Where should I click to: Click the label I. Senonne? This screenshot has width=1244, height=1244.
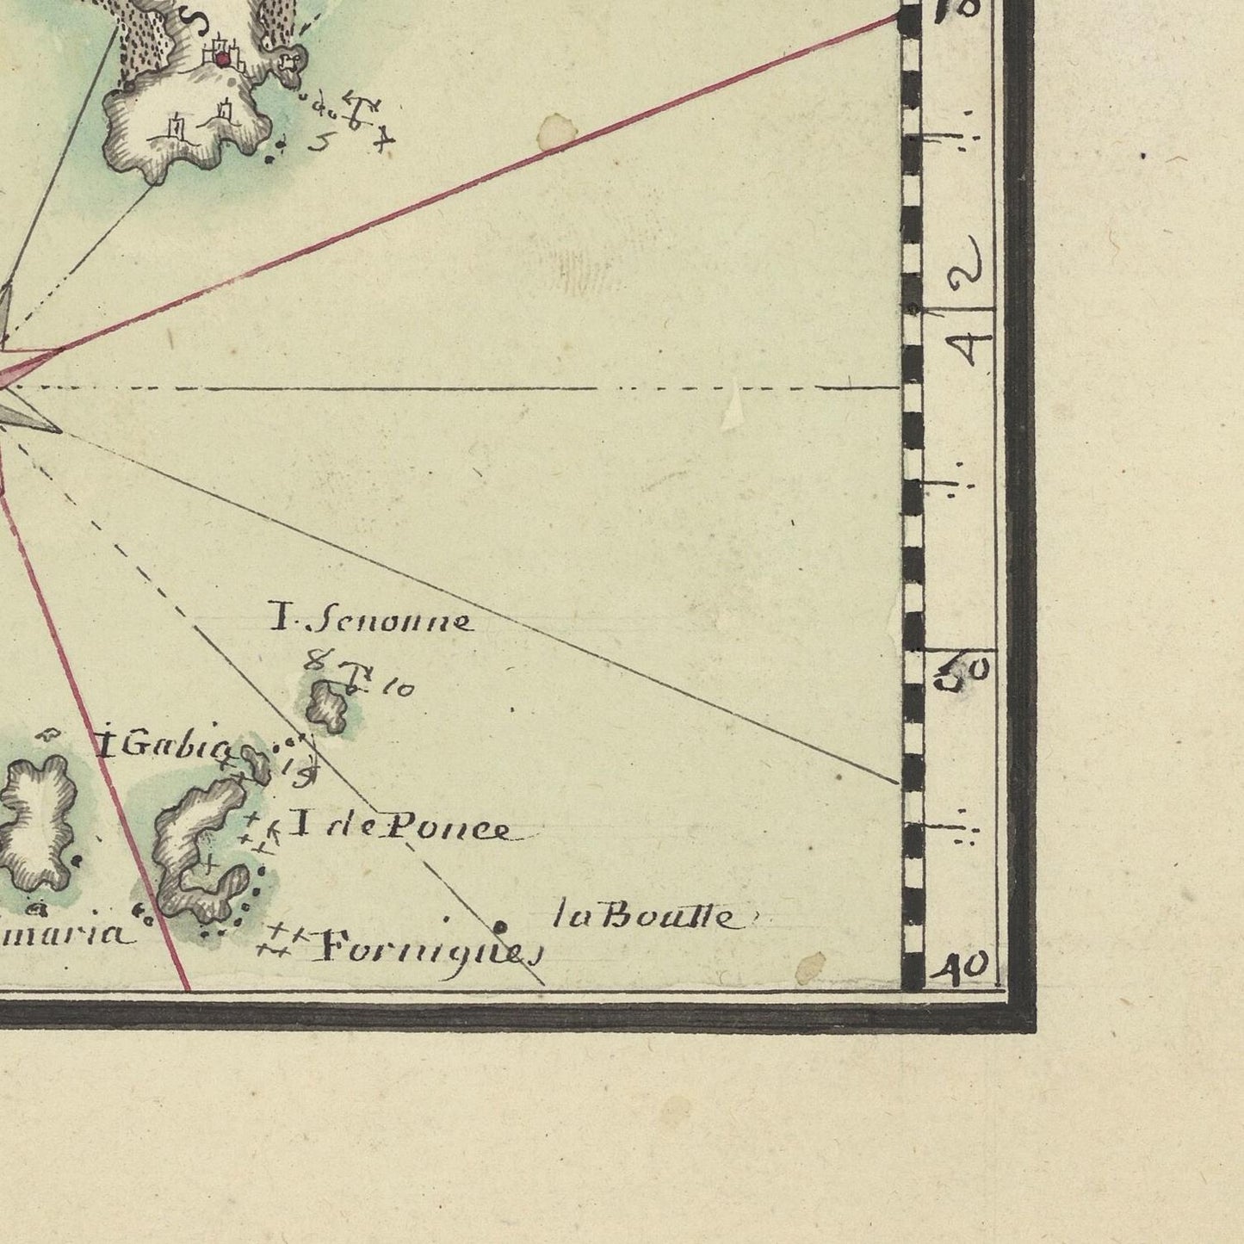pos(370,621)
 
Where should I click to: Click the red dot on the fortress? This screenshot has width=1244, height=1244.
pos(223,59)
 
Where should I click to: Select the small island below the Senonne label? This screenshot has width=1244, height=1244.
pos(328,704)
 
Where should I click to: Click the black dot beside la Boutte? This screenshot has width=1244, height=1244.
pos(499,927)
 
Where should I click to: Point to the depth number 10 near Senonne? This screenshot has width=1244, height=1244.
pos(399,688)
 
